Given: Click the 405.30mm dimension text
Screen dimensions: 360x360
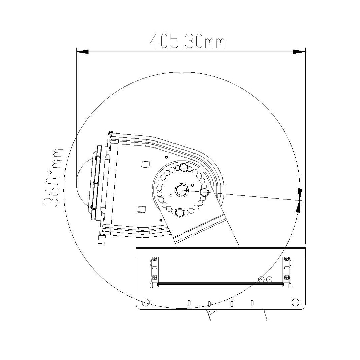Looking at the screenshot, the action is [187, 41].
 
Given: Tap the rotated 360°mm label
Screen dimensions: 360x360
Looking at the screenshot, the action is [53, 177].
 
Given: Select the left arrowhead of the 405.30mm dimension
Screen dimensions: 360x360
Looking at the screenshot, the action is [82, 52].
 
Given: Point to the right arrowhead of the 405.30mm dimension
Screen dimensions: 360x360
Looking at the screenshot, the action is [299, 52].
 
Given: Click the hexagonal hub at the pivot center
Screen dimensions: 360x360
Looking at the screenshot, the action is [182, 190].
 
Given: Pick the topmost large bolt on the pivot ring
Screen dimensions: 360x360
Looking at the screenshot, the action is [183, 167].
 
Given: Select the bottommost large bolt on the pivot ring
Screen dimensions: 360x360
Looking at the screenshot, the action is [180, 213].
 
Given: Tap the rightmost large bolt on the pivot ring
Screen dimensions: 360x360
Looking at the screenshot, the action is [204, 192].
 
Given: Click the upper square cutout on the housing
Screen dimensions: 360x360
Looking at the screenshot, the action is [145, 164].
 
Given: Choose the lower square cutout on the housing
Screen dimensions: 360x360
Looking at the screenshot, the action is [141, 209].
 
